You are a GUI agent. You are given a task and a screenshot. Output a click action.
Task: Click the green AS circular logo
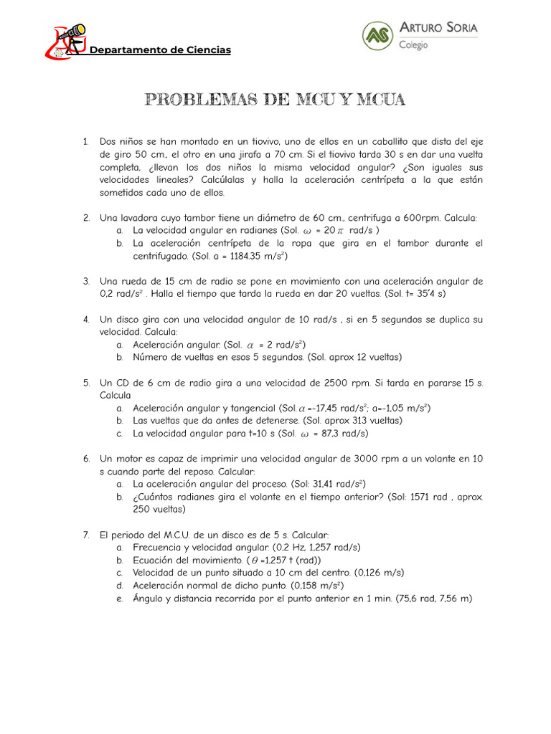377,36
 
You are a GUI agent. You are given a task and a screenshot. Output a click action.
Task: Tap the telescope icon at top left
70,33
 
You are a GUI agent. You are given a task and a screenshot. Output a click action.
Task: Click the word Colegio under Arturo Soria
413,44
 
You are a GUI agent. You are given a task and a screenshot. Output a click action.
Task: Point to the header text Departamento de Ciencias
159,50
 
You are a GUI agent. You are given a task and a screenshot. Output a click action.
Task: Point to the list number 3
85,281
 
